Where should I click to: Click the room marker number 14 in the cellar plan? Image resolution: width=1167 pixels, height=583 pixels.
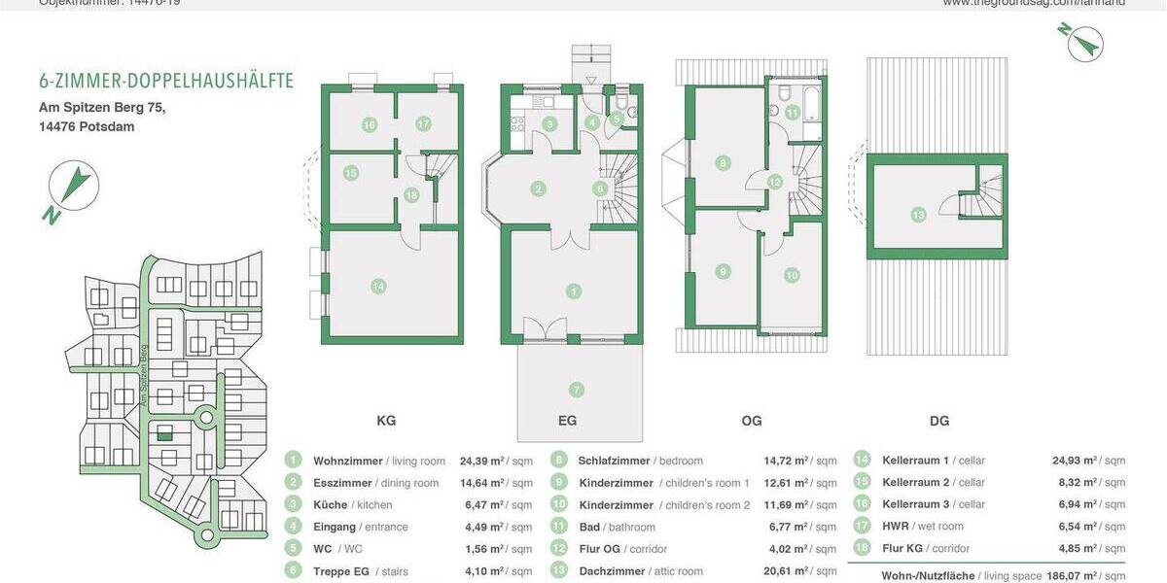click(378, 286)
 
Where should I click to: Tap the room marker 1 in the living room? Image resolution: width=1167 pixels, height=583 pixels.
click(575, 291)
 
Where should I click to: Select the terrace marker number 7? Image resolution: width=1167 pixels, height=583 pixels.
click(576, 390)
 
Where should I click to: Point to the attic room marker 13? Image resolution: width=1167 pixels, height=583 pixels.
click(917, 214)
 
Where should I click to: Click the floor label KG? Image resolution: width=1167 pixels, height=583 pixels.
click(386, 421)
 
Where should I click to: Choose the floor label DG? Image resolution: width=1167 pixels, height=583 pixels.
click(939, 421)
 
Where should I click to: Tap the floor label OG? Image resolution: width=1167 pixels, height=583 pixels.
click(752, 421)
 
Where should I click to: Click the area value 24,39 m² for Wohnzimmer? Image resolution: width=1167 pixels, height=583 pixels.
click(481, 461)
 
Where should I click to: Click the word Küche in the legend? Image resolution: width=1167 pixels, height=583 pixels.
click(330, 505)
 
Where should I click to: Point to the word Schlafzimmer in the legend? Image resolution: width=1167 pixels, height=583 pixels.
click(615, 461)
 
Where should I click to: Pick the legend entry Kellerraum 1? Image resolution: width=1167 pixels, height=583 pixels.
click(915, 461)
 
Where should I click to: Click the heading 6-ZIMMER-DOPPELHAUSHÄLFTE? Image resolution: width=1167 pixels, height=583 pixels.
click(166, 81)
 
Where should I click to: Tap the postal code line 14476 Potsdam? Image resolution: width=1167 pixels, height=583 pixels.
click(87, 126)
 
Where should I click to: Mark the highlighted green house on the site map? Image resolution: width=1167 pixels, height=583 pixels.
click(164, 434)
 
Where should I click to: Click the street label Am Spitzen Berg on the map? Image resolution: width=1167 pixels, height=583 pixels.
click(142, 374)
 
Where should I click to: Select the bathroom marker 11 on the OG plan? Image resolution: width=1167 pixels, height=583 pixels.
click(793, 113)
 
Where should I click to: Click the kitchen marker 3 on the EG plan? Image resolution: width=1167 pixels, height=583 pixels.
click(549, 124)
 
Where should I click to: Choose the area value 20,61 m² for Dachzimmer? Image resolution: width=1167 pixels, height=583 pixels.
click(787, 571)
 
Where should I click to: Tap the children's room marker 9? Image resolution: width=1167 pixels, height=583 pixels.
click(723, 271)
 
